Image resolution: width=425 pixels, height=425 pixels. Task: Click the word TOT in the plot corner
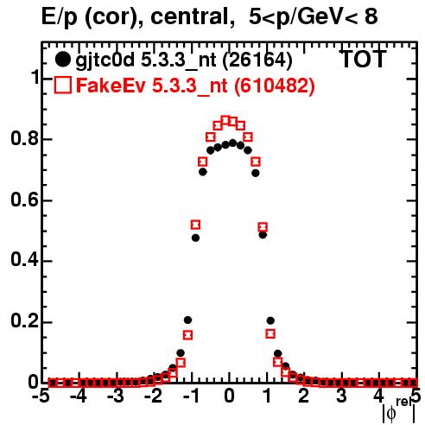[x=364, y=60]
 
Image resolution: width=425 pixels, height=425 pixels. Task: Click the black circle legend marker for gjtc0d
[x=62, y=60]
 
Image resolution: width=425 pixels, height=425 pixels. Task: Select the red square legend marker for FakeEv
[x=62, y=86]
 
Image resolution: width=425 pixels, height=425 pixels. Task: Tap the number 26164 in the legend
[x=257, y=60]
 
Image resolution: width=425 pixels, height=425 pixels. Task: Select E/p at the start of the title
[x=60, y=17]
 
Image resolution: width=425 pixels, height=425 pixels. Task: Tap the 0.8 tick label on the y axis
[x=24, y=139]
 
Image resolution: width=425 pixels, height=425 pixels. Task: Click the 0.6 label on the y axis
[x=24, y=200]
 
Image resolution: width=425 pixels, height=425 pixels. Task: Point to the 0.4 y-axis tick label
[x=24, y=261]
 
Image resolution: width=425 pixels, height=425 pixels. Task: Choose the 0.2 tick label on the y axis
[x=24, y=321]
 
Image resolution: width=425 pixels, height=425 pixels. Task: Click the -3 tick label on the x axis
[x=117, y=396]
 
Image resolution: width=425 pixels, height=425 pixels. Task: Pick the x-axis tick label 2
[x=304, y=396]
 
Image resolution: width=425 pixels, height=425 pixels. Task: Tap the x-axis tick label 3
[x=341, y=396]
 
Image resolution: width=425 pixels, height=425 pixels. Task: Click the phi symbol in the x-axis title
[x=390, y=414]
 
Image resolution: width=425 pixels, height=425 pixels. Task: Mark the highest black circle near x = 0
[x=232, y=143]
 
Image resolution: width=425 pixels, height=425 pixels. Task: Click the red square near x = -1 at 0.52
[x=195, y=225]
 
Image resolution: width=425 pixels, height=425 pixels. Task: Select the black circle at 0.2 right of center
[x=270, y=320]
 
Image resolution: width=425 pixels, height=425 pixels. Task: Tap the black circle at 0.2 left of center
[x=187, y=320]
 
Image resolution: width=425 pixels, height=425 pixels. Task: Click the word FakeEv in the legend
[x=111, y=86]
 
